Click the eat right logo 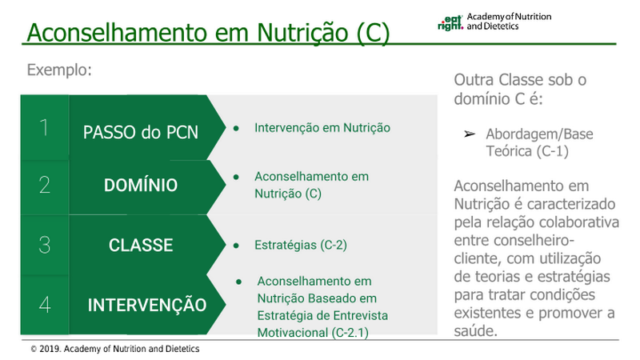450,23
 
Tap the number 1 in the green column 44,127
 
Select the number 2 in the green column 45,185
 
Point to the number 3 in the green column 45,245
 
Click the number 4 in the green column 45,305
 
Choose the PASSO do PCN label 141,132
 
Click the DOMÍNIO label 141,185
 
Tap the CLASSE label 141,245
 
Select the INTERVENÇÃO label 147,305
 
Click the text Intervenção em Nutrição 322,128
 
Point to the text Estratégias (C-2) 301,245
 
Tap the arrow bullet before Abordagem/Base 470,134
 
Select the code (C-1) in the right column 553,151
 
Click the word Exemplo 59,70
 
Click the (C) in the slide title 373,33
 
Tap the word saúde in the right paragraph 476,330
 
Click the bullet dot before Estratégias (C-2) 236,246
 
